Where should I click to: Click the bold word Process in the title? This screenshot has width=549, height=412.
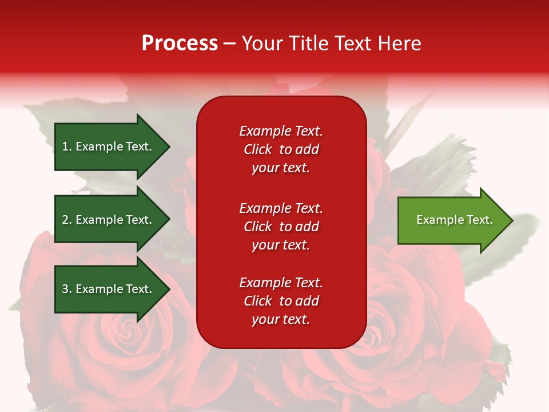coord(180,43)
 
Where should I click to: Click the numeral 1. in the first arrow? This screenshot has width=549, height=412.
coord(67,146)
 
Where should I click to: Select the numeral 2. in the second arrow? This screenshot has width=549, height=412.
coord(67,220)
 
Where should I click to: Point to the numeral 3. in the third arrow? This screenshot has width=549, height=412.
coord(67,289)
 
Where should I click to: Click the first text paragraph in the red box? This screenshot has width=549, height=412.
coord(281,149)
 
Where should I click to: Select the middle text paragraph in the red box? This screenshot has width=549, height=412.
coord(281,227)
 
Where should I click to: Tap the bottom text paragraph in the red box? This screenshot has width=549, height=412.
coord(281,301)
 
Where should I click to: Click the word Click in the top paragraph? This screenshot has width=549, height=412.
coord(257,149)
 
